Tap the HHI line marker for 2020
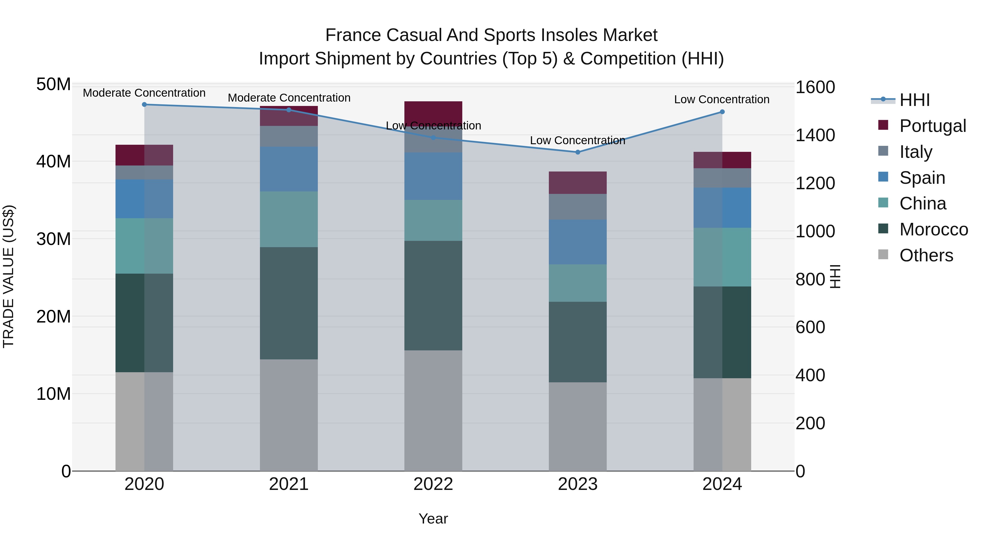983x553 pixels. (x=144, y=104)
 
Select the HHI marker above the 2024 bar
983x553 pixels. (x=722, y=112)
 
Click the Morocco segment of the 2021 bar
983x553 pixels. (x=289, y=303)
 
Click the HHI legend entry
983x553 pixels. (x=914, y=100)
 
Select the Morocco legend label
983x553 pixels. (x=933, y=229)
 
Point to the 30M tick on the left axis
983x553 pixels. (x=54, y=239)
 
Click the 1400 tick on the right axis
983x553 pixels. (x=815, y=135)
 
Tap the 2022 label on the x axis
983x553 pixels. (x=433, y=484)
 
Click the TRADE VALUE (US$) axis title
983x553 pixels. (x=8, y=276)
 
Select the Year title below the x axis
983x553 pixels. (x=433, y=519)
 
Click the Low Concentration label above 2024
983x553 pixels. (x=722, y=99)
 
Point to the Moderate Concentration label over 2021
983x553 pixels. (x=289, y=98)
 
